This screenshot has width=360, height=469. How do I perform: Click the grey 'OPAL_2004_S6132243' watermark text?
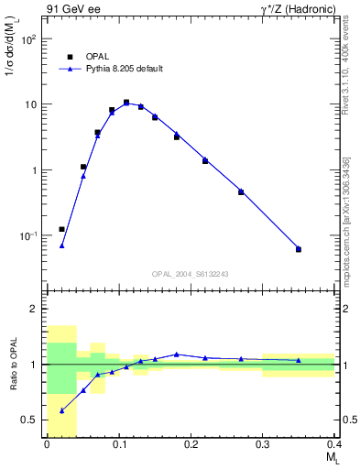coord(191,274)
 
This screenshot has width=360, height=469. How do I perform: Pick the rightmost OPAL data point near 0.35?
coord(299,249)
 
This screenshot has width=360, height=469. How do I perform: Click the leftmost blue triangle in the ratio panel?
coord(61,410)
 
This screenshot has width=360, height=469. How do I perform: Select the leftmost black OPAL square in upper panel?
coord(61,229)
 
